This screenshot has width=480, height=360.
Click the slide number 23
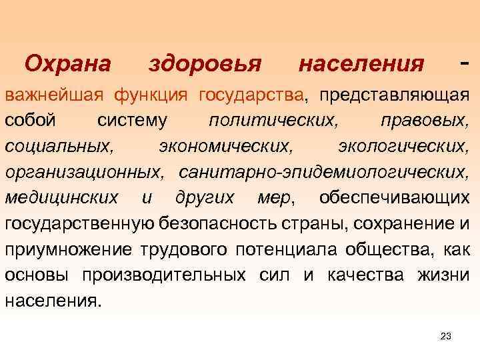pos(446,336)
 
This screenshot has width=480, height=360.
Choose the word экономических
pos(225,147)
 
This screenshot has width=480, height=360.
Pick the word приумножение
pos(69,249)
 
